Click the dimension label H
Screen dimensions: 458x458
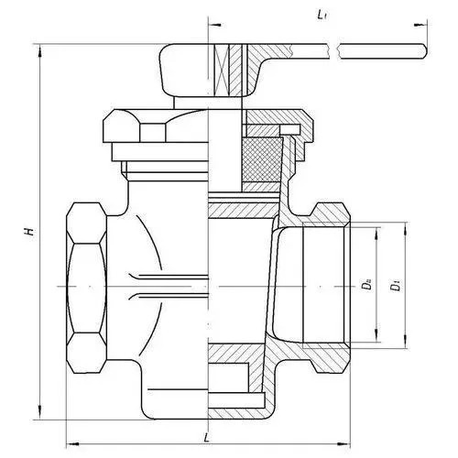click(29, 232)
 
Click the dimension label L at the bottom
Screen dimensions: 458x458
click(207, 438)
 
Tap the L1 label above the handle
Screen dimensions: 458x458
click(321, 16)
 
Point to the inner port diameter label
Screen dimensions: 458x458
click(367, 285)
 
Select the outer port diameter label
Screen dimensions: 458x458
click(397, 286)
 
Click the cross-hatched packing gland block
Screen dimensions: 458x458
click(262, 159)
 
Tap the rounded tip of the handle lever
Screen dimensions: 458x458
click(425, 51)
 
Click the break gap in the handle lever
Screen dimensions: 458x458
click(335, 51)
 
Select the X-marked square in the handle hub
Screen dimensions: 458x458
click(222, 71)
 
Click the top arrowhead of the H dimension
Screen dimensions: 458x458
click(39, 50)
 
